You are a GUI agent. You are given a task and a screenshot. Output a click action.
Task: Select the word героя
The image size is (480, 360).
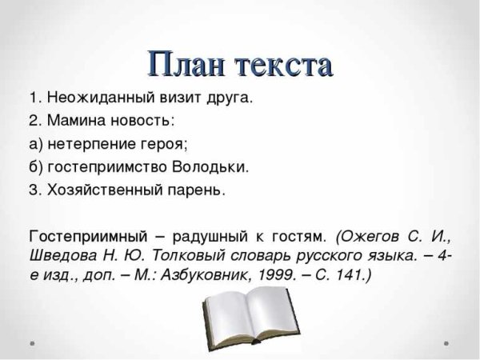click(x=163, y=145)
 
